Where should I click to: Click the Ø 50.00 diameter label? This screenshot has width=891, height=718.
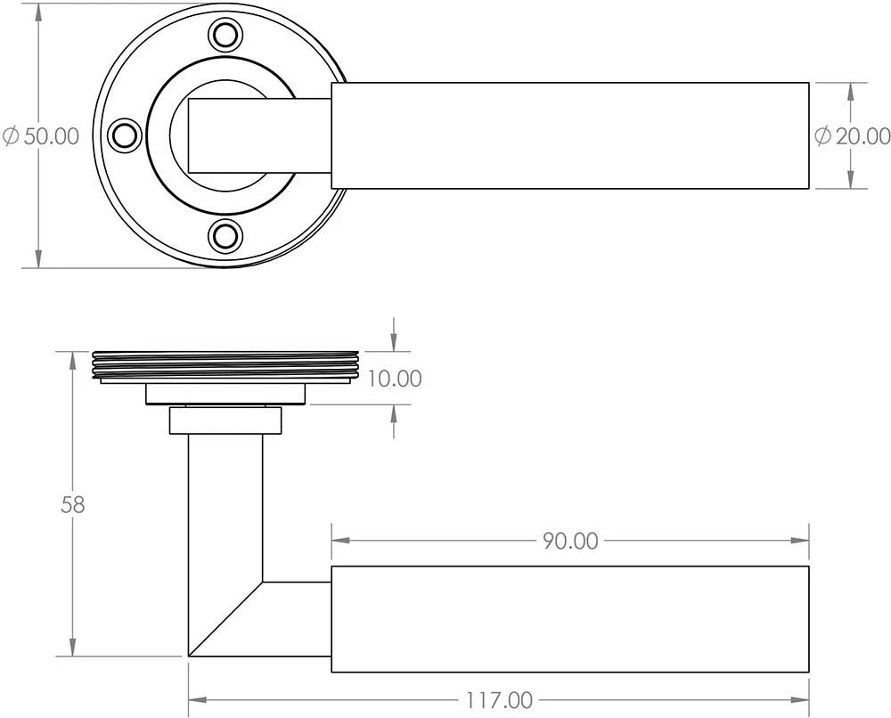41,136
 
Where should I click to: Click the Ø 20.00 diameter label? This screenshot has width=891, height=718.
852,136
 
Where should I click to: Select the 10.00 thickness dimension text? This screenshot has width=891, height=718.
394,379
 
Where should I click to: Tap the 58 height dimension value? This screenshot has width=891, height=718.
73,504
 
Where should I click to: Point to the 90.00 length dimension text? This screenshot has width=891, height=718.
569,541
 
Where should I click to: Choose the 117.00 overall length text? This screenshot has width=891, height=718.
499,700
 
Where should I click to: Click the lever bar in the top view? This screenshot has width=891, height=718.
570,135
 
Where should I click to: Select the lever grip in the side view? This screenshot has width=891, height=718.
570,619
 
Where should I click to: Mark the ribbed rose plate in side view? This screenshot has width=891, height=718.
225,365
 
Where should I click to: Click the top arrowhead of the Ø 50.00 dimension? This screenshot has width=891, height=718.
38,11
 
